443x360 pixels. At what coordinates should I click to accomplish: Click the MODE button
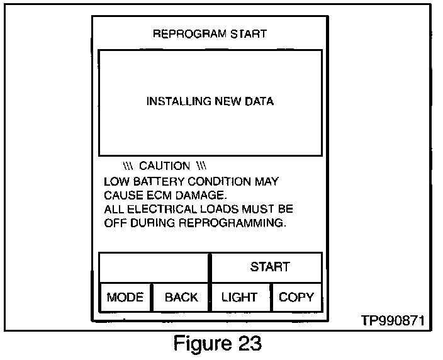[x=125, y=297]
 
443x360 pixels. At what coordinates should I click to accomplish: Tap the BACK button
[x=181, y=297]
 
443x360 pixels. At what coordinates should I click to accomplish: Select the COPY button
[x=296, y=297]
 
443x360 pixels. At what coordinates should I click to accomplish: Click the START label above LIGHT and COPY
[x=270, y=267]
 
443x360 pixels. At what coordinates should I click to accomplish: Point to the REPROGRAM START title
[x=210, y=34]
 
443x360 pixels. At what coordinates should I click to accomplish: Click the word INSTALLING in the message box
[x=172, y=101]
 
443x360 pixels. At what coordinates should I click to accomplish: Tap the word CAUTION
[x=164, y=166]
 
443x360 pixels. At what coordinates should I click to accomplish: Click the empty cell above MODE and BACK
[x=153, y=267]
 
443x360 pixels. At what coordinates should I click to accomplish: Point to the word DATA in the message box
[x=260, y=101]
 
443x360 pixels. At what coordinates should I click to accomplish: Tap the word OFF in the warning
[x=113, y=222]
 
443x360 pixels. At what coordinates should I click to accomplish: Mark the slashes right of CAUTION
[x=201, y=166]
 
